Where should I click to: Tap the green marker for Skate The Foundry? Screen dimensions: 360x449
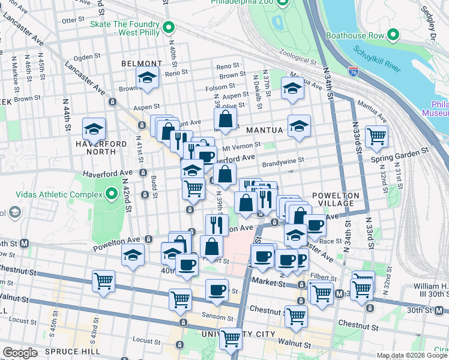click(x=169, y=27)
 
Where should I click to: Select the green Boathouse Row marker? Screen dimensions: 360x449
click(x=394, y=35)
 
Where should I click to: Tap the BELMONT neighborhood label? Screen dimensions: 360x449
click(x=142, y=63)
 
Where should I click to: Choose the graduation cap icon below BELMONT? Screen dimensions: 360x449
click(x=147, y=78)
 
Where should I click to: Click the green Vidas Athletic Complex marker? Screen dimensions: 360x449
click(x=111, y=194)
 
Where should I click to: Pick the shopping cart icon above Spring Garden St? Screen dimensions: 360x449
click(x=376, y=137)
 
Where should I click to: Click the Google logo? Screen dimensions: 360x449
click(x=20, y=353)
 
